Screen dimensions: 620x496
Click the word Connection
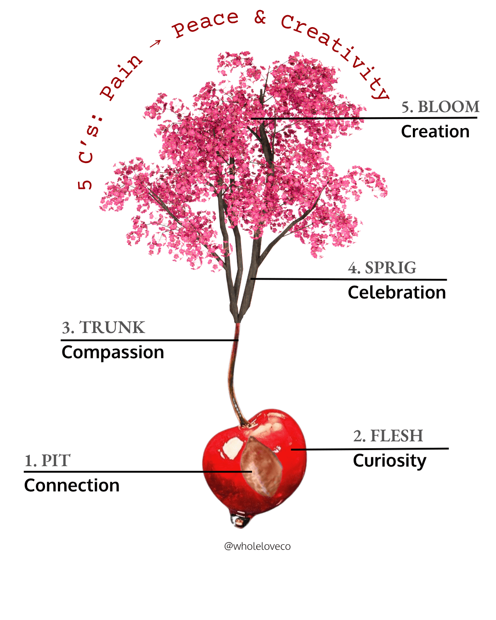(72, 485)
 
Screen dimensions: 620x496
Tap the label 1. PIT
(47, 461)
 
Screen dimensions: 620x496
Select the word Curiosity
(389, 461)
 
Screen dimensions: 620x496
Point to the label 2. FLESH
(388, 436)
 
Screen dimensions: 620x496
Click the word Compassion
(113, 352)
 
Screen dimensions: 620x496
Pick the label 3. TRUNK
(103, 327)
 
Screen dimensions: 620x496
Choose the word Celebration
(397, 293)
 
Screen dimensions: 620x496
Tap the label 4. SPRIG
(382, 268)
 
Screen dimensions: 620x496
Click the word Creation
(435, 132)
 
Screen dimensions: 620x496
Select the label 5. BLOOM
(440, 107)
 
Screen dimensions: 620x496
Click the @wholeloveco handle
(257, 546)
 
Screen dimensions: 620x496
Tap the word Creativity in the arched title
(335, 51)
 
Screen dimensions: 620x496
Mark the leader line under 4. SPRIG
(349, 279)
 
